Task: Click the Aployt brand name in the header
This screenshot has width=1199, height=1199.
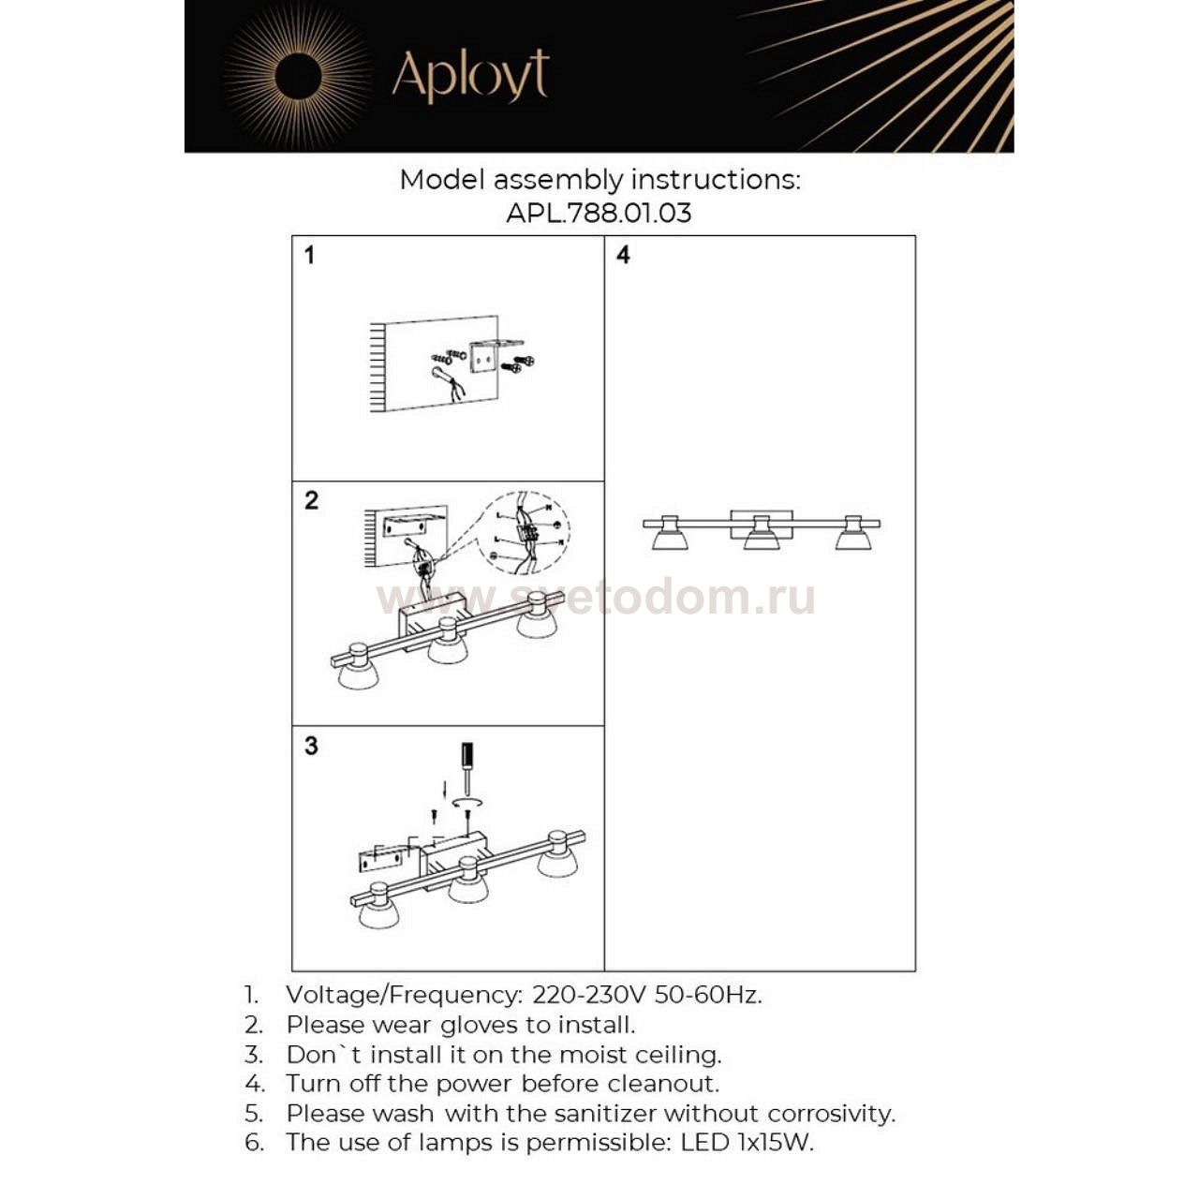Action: click(469, 76)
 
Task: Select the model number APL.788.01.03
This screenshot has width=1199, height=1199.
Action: click(599, 213)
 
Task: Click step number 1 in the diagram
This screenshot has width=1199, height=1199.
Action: click(310, 255)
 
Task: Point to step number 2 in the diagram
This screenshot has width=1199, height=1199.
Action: click(311, 500)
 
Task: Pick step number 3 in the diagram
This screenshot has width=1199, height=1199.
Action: click(311, 746)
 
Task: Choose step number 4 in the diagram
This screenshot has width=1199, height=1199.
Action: click(623, 255)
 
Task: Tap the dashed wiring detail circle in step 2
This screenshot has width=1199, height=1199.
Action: click(530, 532)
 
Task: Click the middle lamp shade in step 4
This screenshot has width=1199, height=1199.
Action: click(762, 540)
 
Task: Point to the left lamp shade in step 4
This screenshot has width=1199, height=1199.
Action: click(670, 539)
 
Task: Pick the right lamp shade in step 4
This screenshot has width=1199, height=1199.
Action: click(852, 539)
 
